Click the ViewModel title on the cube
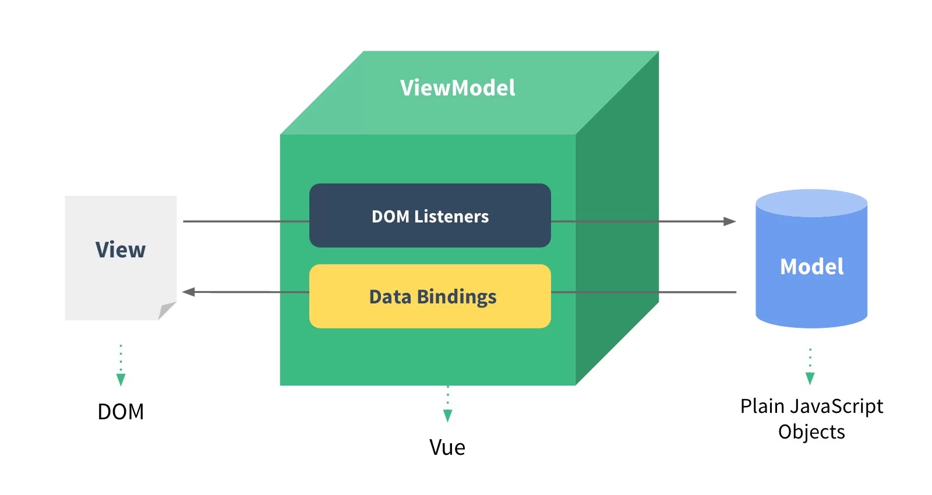click(x=457, y=88)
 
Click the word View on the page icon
click(x=121, y=250)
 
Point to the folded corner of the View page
click(x=167, y=310)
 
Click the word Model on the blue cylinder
click(x=811, y=267)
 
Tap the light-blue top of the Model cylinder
click(x=811, y=203)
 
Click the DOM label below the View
click(x=121, y=412)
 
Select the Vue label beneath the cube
click(x=447, y=447)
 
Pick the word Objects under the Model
click(x=811, y=432)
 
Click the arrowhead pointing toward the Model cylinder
click(x=729, y=221)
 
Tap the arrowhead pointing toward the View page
click(x=189, y=292)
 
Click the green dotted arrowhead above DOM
click(x=121, y=380)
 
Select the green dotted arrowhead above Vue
click(x=447, y=415)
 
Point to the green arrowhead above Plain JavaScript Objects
click(x=810, y=379)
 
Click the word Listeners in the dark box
click(x=451, y=217)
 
